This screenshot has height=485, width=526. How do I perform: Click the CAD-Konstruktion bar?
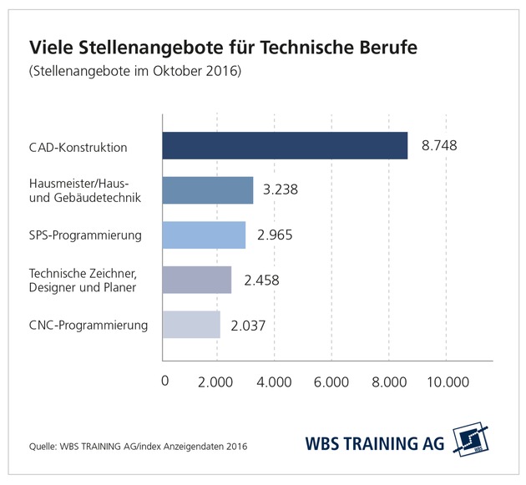coord(284,146)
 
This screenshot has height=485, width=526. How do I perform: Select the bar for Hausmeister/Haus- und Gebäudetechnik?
coord(207,190)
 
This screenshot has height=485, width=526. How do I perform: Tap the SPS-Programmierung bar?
coord(204,235)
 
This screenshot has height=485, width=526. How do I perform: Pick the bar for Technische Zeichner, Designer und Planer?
coord(196,280)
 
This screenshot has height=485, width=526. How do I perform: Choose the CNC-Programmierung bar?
coord(191,324)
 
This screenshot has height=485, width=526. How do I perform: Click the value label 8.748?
coord(439,146)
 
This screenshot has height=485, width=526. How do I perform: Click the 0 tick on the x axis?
coord(164,381)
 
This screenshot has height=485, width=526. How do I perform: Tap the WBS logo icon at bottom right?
coord(469,441)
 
